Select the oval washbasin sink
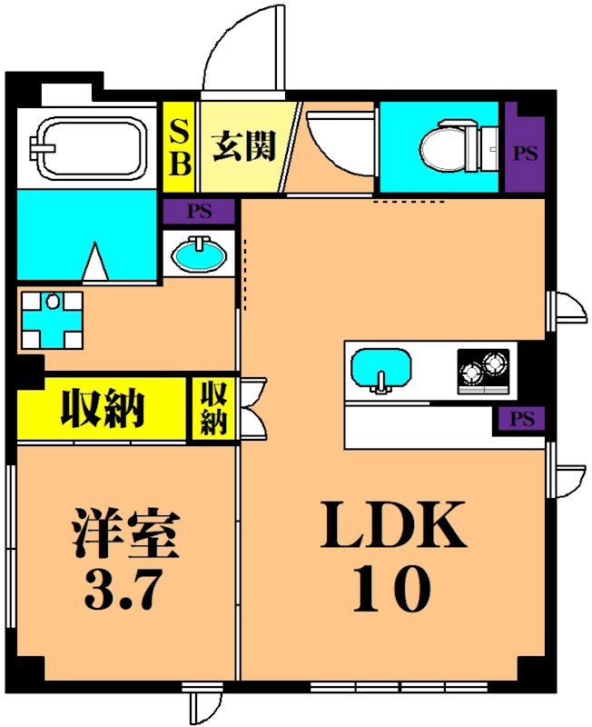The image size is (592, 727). coord(200,254)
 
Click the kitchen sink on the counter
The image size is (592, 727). coord(381,371)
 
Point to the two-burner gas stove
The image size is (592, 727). coord(482,372)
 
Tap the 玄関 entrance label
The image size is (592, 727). coord(243,145)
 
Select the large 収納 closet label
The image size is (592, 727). coord(102,408)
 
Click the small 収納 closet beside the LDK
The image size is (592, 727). coord(213,408)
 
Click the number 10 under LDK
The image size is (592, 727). coord(395,591)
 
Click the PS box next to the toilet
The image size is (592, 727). coord(524,153)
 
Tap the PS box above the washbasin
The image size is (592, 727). coord(200,213)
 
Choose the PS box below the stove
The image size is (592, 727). coord(520,419)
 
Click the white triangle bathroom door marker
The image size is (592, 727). coord(96,262)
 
